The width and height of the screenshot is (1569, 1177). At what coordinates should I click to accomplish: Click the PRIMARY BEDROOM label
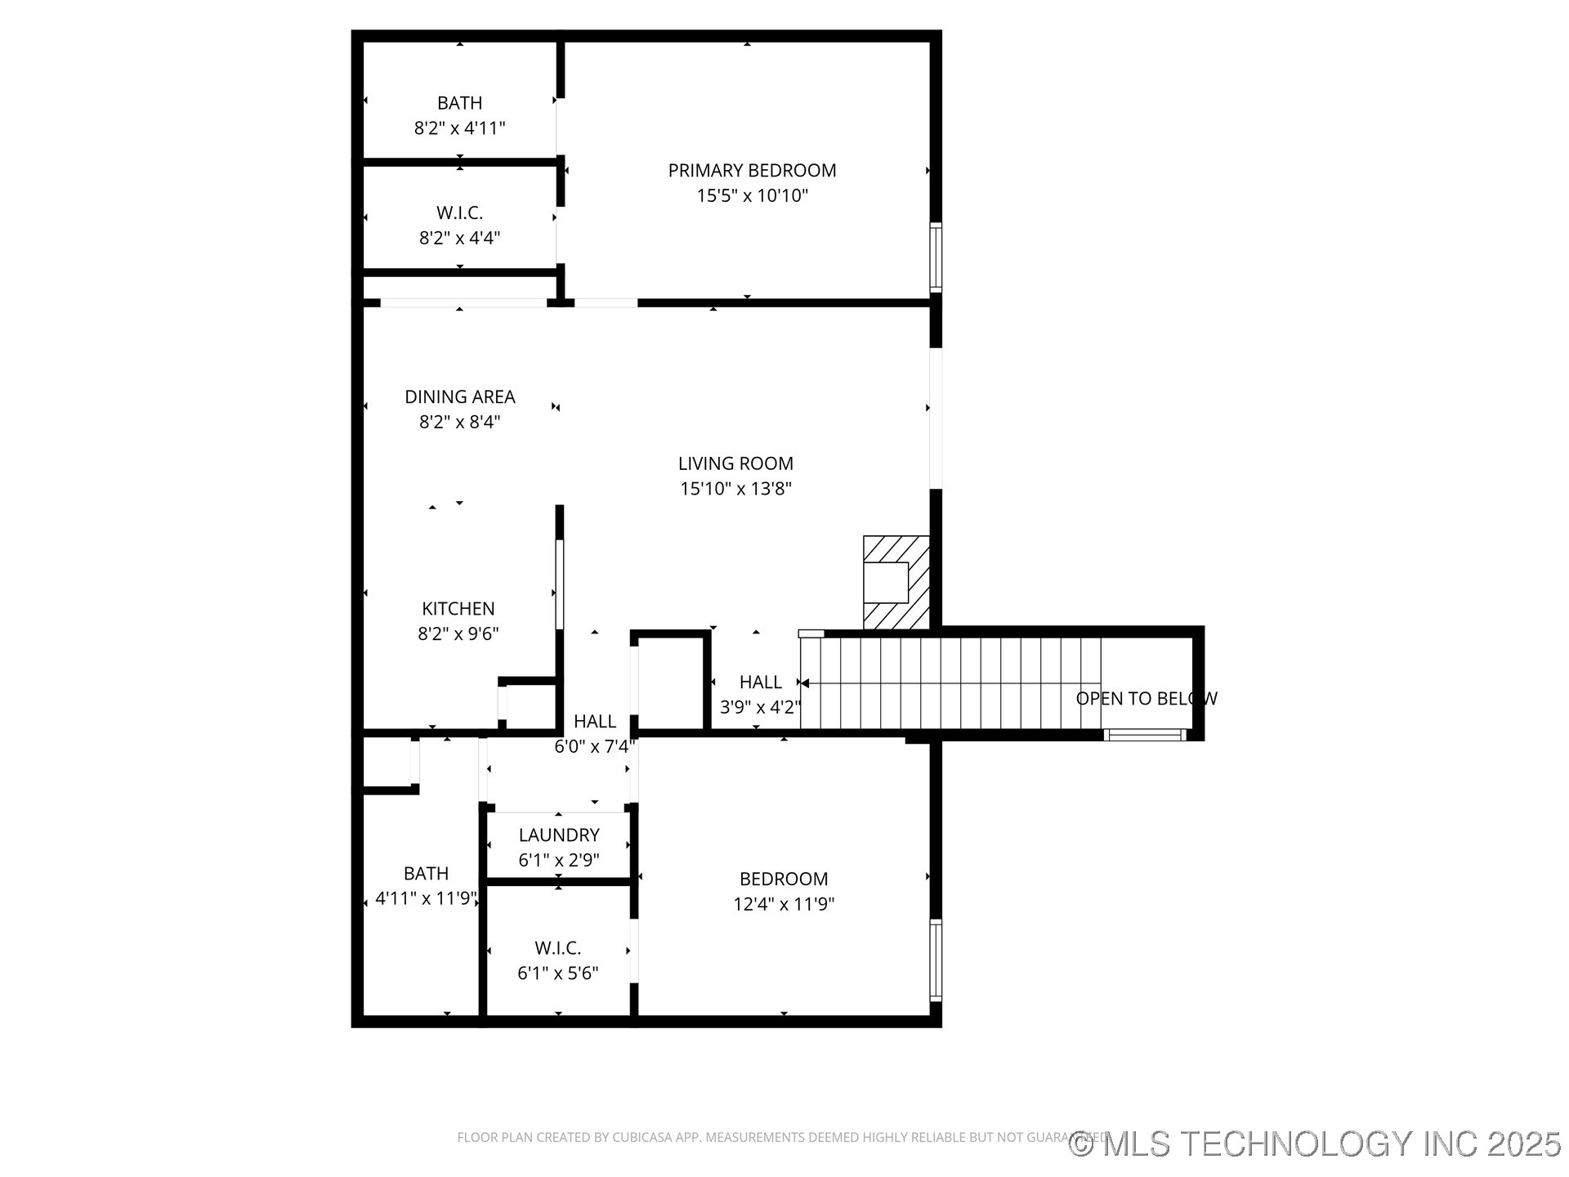coord(752,170)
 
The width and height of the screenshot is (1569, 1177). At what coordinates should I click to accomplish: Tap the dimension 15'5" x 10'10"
coord(752,195)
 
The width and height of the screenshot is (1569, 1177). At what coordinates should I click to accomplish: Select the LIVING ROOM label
coord(735,463)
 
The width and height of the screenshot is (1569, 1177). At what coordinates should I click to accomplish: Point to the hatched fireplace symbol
coord(896,582)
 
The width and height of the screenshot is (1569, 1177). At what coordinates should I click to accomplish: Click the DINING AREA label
coord(459,396)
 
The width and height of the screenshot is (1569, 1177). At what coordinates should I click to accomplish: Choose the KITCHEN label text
coord(458,608)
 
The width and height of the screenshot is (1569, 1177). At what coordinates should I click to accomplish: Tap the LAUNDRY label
coord(559,835)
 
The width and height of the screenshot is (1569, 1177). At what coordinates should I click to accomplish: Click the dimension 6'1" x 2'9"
coord(559,860)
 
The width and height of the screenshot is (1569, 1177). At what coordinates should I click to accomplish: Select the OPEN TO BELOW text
coord(1146,698)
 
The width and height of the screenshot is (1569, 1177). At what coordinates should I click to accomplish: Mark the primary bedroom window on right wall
coord(936,257)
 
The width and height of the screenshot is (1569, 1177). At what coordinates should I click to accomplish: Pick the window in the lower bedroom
coord(936,960)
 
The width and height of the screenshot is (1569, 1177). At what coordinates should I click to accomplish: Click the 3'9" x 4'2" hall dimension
coord(759,707)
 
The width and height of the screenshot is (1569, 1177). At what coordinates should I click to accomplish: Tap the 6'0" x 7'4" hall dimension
coord(594,746)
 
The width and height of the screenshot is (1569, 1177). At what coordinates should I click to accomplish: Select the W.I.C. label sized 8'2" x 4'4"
coord(459,213)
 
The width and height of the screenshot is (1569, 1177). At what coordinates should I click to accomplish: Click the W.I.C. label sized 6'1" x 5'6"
coord(558,947)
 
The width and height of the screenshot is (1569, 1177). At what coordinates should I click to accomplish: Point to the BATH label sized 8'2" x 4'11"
coord(459,103)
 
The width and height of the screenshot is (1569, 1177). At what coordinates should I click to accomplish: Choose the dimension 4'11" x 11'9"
coord(426,898)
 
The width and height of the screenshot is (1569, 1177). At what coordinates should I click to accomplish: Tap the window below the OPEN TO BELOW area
coord(1144,735)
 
